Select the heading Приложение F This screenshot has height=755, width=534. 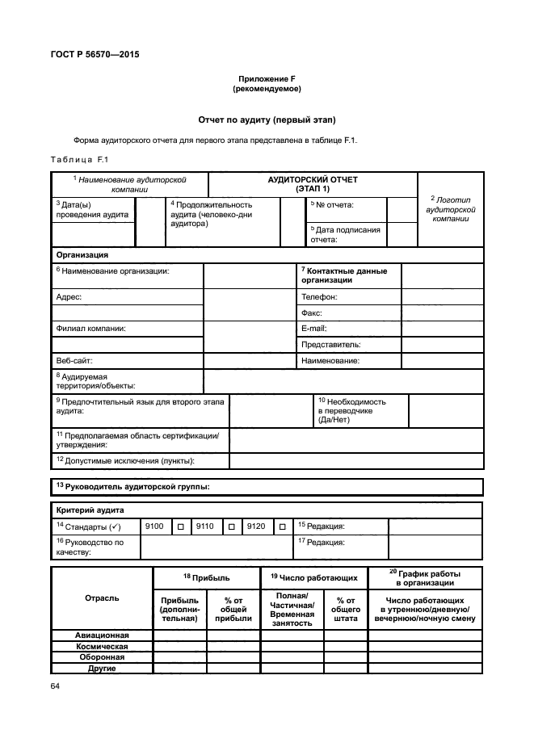click(267, 78)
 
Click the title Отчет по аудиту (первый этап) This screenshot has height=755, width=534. click(267, 120)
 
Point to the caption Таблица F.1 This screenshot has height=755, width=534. click(78, 159)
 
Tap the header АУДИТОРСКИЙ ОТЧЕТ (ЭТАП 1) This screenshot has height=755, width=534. click(313, 183)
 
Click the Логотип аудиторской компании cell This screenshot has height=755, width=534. click(451, 208)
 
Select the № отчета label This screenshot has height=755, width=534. click(335, 205)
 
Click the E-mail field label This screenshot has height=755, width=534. click(313, 329)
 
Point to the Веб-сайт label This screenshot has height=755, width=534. click(74, 360)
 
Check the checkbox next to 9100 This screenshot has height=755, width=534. click(181, 526)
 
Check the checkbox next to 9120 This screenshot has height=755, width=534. click(282, 526)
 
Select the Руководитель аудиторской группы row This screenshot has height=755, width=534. click(133, 487)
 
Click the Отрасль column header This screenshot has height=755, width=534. click(102, 598)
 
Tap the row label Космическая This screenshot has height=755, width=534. click(102, 646)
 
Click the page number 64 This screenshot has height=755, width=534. click(56, 686)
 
